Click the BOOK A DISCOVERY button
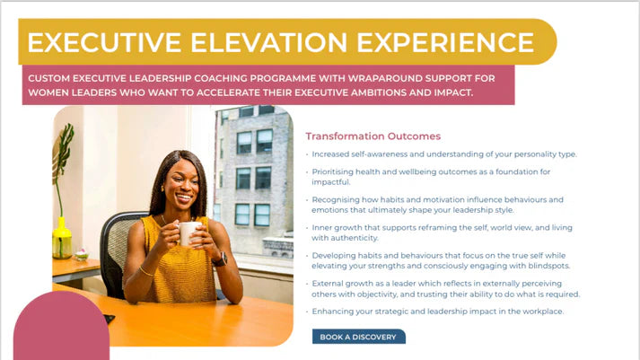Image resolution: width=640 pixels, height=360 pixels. (358, 337)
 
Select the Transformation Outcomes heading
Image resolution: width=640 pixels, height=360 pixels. (373, 136)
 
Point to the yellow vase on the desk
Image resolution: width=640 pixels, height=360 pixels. (62, 241)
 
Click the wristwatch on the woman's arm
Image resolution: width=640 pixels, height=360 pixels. (220, 259)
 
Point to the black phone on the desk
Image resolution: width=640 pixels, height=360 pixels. (109, 318)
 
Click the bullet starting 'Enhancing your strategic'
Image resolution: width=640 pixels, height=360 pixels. (437, 311)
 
